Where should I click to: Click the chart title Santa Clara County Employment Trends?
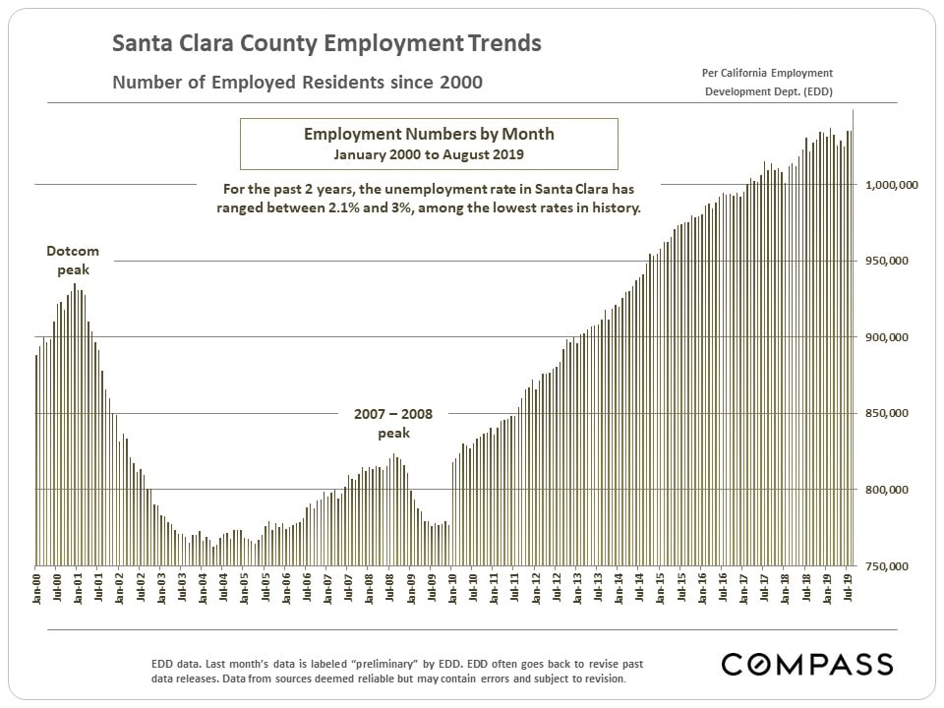coord(326,44)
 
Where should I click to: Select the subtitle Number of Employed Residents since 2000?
coord(297,83)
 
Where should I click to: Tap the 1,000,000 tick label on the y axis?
coord(890,185)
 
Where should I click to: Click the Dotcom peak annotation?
coord(73,261)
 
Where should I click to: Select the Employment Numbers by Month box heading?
coord(429,134)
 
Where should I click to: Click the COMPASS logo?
coord(807,664)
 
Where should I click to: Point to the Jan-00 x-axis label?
coord(37,590)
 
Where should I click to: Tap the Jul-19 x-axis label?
coord(849,590)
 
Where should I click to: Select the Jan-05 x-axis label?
coord(245,590)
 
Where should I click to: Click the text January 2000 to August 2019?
coord(429,154)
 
